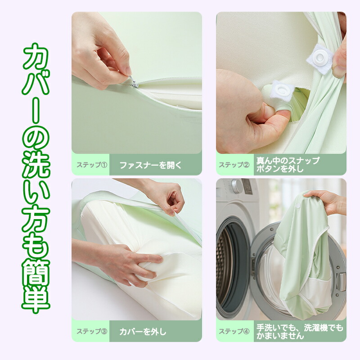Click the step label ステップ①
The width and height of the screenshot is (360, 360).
[92, 165]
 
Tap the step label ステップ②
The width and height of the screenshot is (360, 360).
[234, 165]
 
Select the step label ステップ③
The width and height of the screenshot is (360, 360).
[92, 331]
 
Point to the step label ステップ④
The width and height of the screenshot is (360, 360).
[234, 331]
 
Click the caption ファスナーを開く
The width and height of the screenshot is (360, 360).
[151, 165]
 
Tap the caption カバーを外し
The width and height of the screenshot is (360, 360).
[143, 332]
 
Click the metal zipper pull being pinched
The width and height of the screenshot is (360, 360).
[134, 84]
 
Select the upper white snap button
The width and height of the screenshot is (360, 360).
[320, 59]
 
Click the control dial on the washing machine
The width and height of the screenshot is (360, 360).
[237, 186]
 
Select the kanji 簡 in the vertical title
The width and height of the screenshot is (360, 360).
[36, 273]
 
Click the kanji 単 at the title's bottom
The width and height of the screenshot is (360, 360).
[36, 300]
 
